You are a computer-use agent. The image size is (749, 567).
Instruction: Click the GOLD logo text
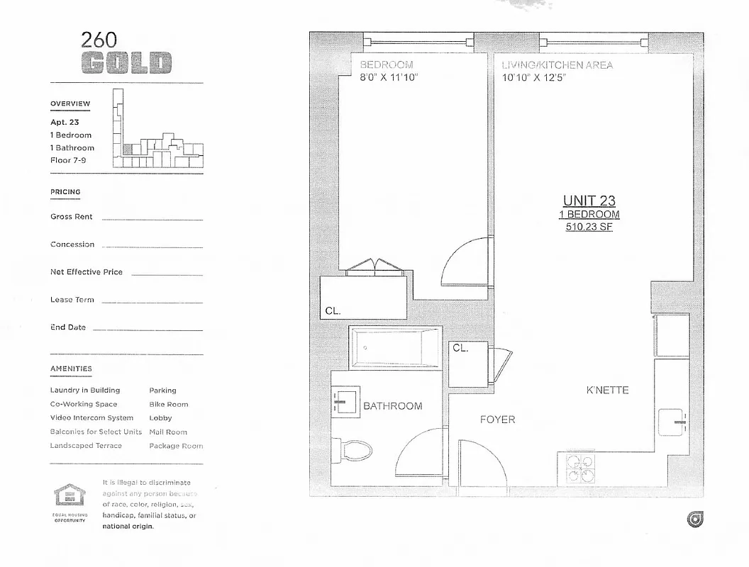(x=127, y=63)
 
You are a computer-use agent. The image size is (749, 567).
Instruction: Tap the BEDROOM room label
(x=387, y=65)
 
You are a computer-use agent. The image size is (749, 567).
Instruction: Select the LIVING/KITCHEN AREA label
(x=557, y=65)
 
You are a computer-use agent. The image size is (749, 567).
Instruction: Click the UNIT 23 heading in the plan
(x=589, y=201)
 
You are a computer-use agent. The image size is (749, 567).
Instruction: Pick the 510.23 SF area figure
(x=589, y=228)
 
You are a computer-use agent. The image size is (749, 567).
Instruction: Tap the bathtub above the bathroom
(x=395, y=347)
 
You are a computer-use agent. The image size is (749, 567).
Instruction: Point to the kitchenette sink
(x=672, y=422)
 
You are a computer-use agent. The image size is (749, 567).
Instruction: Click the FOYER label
(x=497, y=420)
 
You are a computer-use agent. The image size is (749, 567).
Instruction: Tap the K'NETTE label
(x=607, y=391)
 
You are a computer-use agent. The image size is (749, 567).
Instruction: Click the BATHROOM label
(x=392, y=406)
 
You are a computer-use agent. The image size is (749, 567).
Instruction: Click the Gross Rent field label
(x=72, y=217)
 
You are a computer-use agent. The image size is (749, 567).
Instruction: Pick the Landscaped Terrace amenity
(x=86, y=446)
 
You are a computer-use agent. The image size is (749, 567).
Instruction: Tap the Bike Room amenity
(x=168, y=404)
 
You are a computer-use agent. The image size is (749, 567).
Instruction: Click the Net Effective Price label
(x=86, y=272)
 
